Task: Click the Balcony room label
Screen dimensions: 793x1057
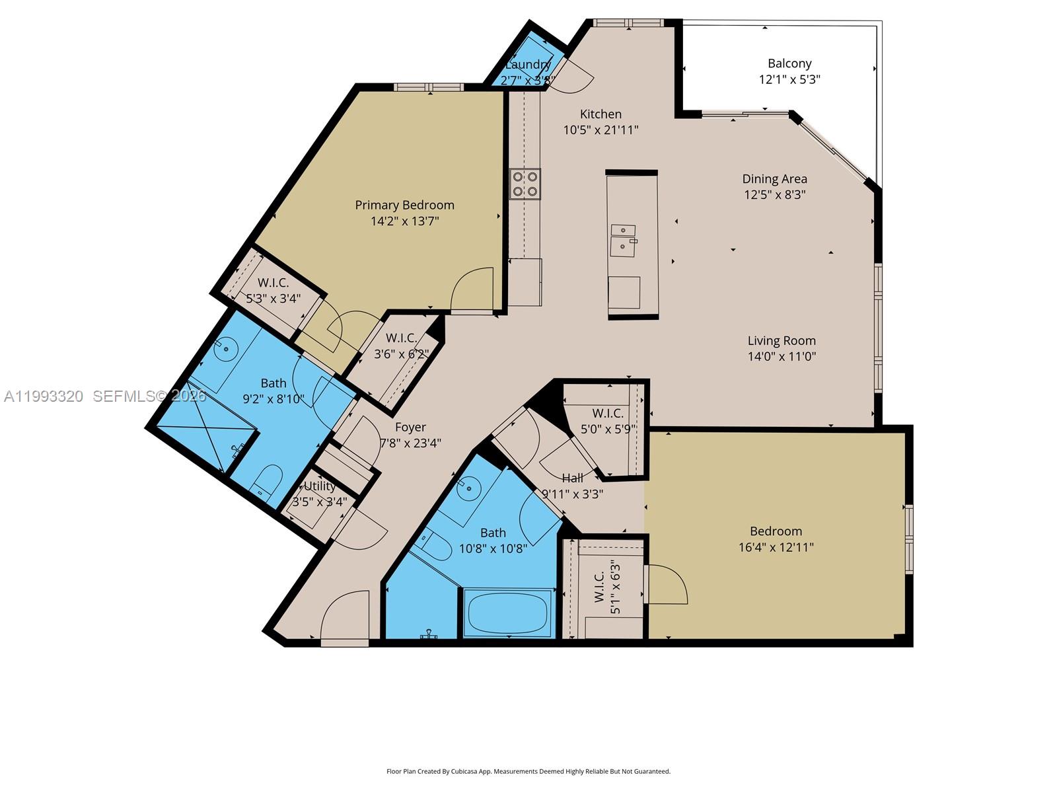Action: point(789,63)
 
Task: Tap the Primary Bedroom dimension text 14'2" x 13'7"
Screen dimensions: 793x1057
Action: point(404,221)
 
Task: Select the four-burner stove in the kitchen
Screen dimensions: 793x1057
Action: point(525,184)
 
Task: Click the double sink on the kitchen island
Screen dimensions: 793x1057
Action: point(624,240)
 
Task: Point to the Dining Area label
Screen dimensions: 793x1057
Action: point(774,178)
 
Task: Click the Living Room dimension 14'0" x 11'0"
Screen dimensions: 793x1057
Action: point(782,356)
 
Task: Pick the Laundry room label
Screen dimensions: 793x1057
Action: point(527,65)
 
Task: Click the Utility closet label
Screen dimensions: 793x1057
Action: point(319,486)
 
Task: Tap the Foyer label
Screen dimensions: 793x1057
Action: point(410,427)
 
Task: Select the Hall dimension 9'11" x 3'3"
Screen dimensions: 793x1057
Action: point(572,494)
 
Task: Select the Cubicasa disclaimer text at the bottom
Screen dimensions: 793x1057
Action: point(528,771)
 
